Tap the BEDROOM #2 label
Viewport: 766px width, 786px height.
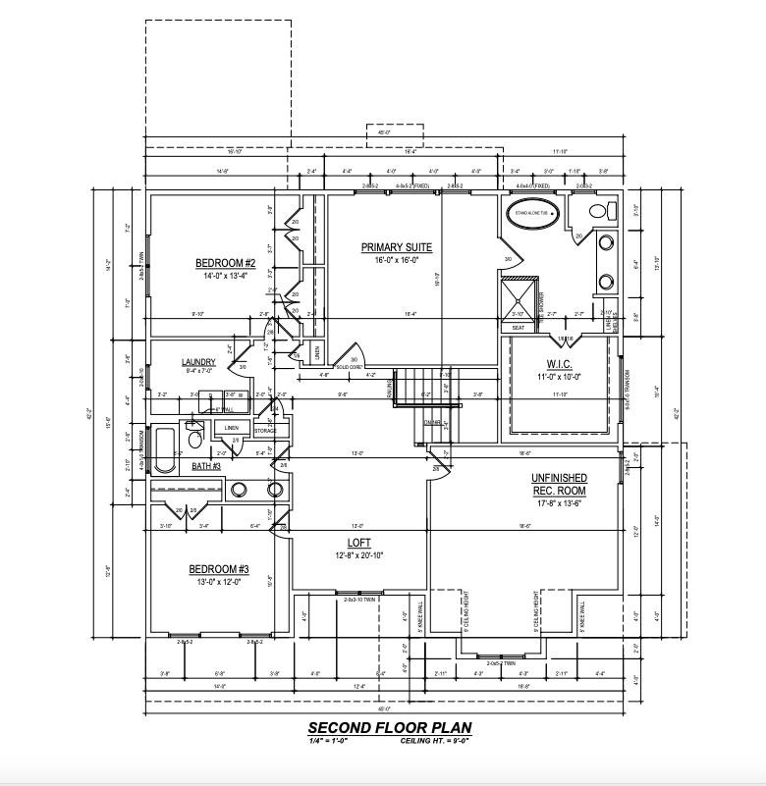[225, 263]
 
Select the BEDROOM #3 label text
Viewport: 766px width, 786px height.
[219, 569]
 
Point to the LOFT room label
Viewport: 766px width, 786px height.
[358, 543]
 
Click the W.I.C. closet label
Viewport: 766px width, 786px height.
[559, 363]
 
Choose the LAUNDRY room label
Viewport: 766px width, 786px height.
[198, 362]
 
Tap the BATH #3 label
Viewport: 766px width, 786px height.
[206, 466]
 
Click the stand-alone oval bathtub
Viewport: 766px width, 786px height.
[531, 212]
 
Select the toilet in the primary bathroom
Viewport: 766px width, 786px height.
[600, 210]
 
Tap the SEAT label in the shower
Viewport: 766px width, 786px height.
[518, 328]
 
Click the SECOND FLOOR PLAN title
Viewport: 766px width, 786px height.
[389, 728]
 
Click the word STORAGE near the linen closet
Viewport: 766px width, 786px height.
[265, 430]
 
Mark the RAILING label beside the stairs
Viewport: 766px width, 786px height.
[390, 391]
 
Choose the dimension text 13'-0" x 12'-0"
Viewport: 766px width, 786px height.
[219, 581]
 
